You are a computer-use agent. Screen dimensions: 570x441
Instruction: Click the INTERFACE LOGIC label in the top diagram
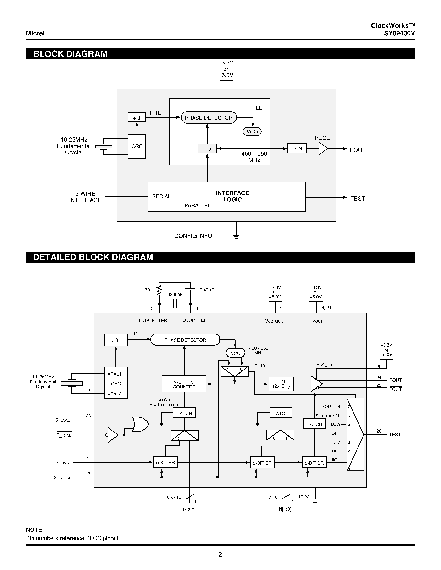point(232,196)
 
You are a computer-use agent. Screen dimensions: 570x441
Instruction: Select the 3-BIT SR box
point(314,463)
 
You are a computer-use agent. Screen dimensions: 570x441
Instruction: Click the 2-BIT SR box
point(262,463)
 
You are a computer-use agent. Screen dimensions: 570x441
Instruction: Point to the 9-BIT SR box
point(165,463)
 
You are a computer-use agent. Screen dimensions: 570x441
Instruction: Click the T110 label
point(260,366)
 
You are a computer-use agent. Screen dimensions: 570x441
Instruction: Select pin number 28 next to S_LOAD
point(88,416)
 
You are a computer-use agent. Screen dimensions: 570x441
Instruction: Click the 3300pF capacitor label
point(175,294)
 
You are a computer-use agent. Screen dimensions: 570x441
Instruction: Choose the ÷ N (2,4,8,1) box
point(281,384)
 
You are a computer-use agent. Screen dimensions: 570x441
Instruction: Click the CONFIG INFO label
point(193,236)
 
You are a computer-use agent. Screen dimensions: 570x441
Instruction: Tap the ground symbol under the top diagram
point(236,236)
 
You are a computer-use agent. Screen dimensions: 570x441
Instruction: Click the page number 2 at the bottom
point(220,554)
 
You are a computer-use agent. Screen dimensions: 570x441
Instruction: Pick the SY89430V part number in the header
point(399,33)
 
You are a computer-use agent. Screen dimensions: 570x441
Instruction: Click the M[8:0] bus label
point(189,510)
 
